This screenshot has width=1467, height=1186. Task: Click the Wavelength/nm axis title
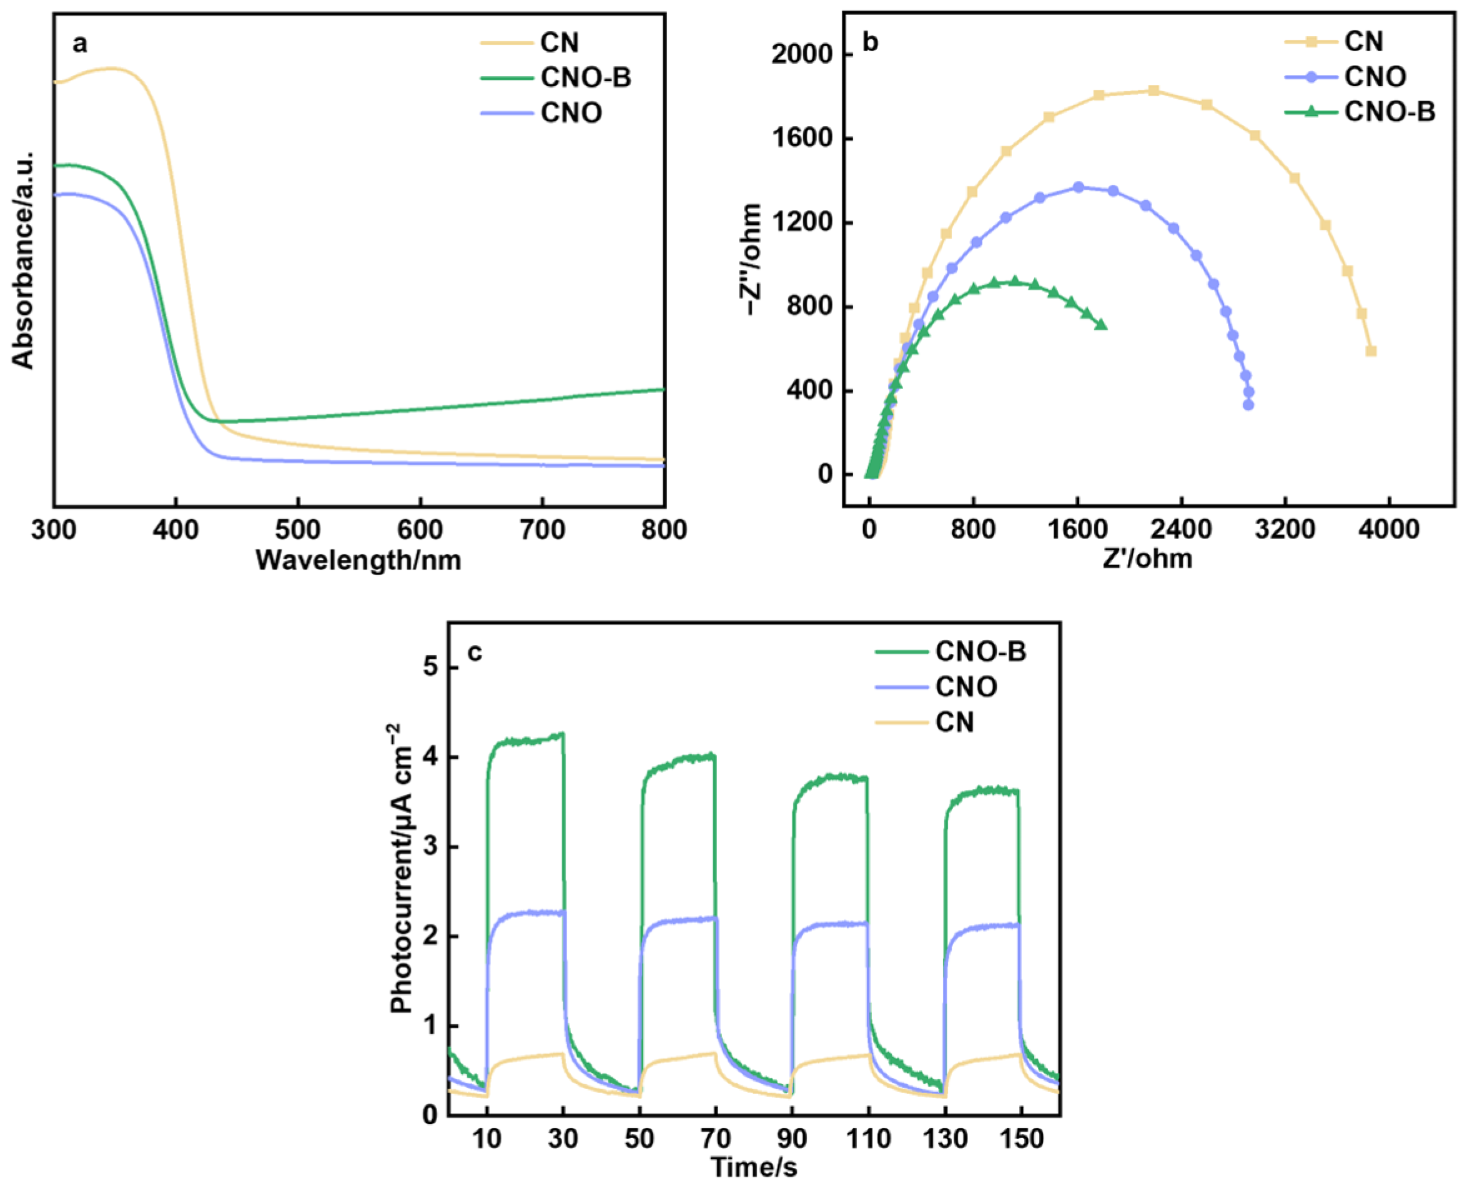point(358,560)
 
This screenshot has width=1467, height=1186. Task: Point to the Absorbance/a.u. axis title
point(23,260)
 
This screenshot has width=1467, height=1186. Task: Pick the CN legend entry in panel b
point(1363,42)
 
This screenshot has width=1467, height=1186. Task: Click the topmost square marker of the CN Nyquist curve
point(1154,91)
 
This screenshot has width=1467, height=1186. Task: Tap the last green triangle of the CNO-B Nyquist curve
point(1101,325)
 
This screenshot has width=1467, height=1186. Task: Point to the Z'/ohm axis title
point(1147,559)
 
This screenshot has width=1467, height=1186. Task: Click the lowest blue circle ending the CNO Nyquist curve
point(1248,405)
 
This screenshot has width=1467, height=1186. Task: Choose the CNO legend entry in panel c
point(966,686)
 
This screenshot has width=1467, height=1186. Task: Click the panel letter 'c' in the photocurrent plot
point(474,653)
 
